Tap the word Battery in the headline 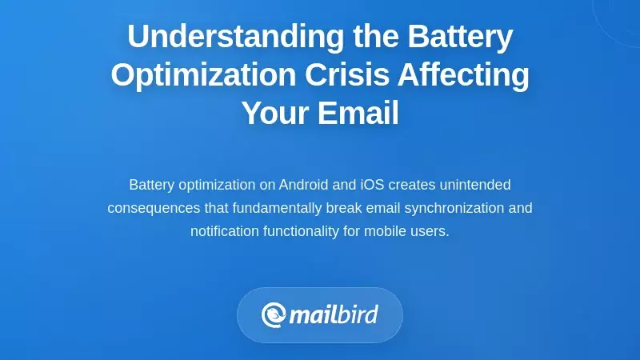point(460,37)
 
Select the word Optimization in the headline point(202,75)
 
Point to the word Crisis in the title point(353,75)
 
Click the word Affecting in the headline point(472,75)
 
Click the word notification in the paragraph point(227,231)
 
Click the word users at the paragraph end point(432,231)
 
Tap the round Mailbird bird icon point(274,314)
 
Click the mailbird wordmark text point(334,314)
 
